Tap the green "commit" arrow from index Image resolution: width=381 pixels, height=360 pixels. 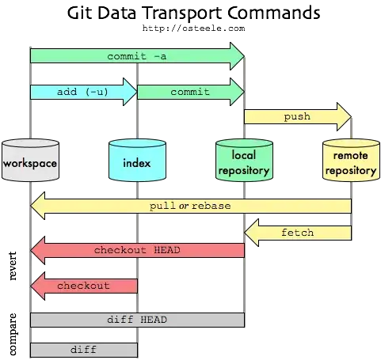[190, 92]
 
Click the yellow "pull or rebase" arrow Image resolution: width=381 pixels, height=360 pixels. [190, 207]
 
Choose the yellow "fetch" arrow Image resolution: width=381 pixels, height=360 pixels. [297, 233]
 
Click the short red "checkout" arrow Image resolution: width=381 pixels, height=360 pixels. [83, 286]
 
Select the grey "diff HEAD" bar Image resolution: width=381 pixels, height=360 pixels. [137, 320]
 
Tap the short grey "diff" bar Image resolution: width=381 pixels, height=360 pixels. [83, 349]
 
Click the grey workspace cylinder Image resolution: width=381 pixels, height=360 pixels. [30, 161]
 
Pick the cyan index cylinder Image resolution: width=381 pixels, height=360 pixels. [137, 161]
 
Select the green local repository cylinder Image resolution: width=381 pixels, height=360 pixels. [243, 161]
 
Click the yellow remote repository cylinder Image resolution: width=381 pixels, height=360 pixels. [350, 161]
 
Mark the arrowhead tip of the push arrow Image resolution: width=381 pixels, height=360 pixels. [350, 117]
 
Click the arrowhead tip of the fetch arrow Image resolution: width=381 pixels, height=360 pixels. [246, 233]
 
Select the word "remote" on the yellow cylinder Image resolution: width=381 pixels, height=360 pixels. [350, 157]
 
